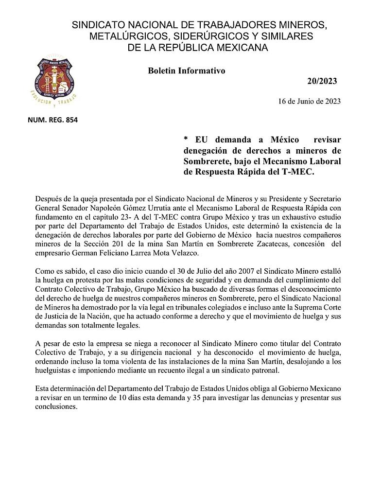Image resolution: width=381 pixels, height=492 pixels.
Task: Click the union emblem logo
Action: (x=53, y=80)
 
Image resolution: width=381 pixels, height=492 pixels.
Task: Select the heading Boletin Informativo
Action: (x=186, y=70)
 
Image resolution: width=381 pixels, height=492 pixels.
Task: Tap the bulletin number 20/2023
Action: (x=322, y=81)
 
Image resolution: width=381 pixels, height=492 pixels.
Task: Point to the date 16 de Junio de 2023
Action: (x=309, y=102)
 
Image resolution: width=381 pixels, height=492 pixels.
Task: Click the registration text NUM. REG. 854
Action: (x=53, y=120)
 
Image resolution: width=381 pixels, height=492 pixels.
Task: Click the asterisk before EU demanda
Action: (x=186, y=140)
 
